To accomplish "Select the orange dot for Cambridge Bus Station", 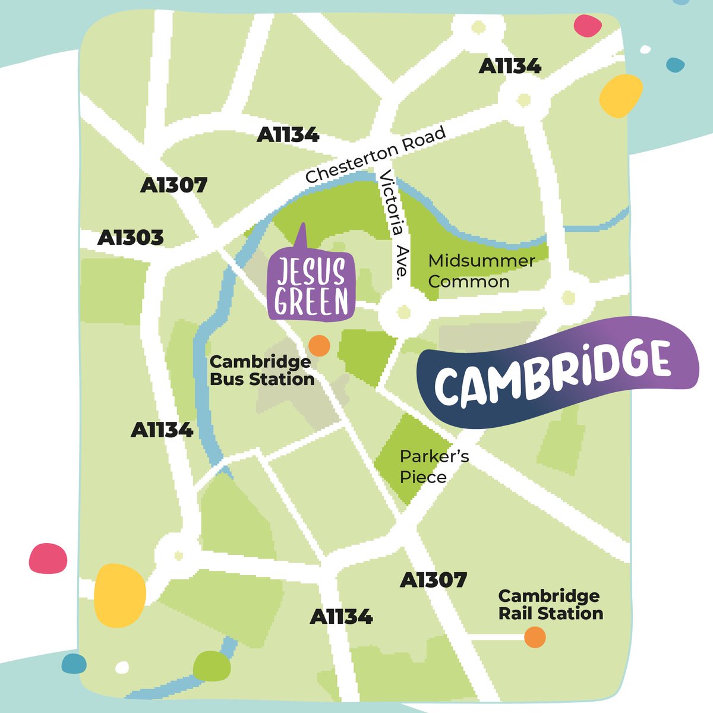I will [x=319, y=345].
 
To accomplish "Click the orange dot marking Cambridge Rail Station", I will [x=535, y=637].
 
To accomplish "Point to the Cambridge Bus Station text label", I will [x=261, y=371].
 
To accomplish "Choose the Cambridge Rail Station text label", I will [x=550, y=605].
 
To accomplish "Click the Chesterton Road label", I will [x=376, y=155].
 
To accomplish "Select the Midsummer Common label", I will [x=481, y=271].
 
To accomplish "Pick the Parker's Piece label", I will [x=434, y=467].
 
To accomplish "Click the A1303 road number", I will [x=130, y=238].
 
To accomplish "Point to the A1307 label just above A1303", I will [x=173, y=185].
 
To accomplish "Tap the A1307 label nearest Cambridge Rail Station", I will [x=433, y=580].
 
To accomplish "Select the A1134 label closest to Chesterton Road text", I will [x=288, y=135].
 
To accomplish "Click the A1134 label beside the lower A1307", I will [x=341, y=617].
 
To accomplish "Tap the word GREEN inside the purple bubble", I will [x=311, y=302].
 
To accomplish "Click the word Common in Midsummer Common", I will [x=468, y=282].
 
